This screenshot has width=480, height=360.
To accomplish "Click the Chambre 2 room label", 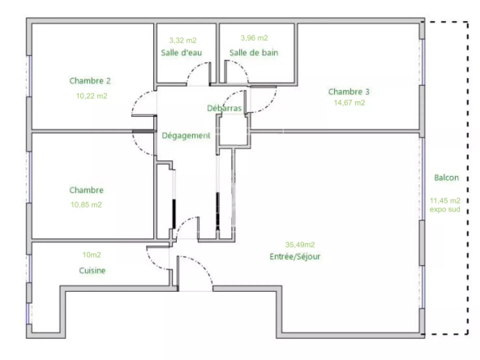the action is click(90, 81).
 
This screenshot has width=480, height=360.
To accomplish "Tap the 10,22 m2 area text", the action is click(92, 96).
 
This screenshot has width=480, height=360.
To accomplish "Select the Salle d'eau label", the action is click(182, 53).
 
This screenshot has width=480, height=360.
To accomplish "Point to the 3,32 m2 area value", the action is click(183, 40).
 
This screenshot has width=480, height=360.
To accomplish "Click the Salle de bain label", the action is click(254, 53).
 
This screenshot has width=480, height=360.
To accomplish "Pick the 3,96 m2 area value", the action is click(254, 38).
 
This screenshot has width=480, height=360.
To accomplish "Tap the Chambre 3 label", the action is click(349, 92).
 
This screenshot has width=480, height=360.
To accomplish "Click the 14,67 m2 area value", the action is click(349, 102).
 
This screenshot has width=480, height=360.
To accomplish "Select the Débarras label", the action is click(225, 108).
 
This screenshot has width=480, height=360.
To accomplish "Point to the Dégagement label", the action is click(186, 135).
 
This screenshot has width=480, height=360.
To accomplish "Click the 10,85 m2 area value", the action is click(86, 204).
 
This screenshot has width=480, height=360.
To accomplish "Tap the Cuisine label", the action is click(92, 270).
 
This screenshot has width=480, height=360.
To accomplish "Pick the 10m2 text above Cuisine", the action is click(92, 255).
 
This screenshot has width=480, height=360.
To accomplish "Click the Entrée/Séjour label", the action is click(295, 256).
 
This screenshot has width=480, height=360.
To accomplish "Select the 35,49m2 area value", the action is click(300, 245).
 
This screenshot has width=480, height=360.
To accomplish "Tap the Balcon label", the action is click(447, 178).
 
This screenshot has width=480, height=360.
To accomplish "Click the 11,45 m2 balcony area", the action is click(445, 200).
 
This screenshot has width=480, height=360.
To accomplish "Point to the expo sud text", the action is click(445, 209).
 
